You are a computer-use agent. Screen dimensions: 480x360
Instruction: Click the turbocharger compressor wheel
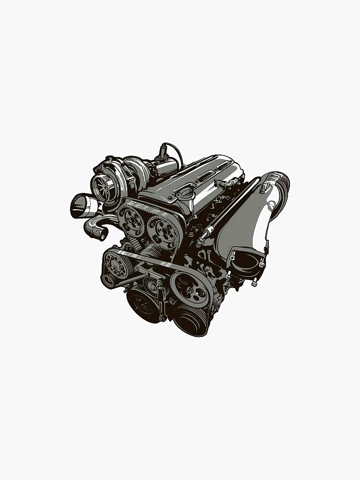point(102,184)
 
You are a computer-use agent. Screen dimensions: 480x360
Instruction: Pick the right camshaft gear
point(162,229)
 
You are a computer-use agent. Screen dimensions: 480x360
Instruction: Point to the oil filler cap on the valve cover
point(185,195)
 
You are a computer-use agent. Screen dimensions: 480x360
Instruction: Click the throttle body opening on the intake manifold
point(246,259)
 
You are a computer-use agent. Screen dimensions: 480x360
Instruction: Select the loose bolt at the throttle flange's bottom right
point(254,283)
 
